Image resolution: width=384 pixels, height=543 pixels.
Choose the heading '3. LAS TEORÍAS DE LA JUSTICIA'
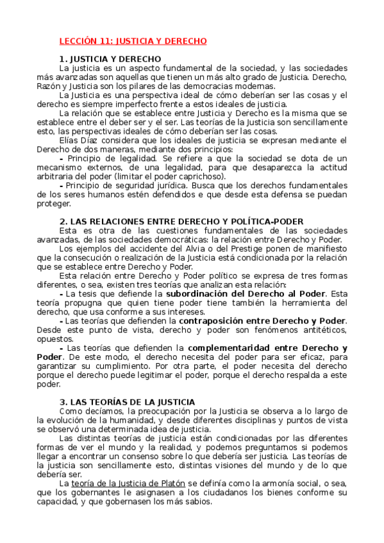click(x=127, y=401)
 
